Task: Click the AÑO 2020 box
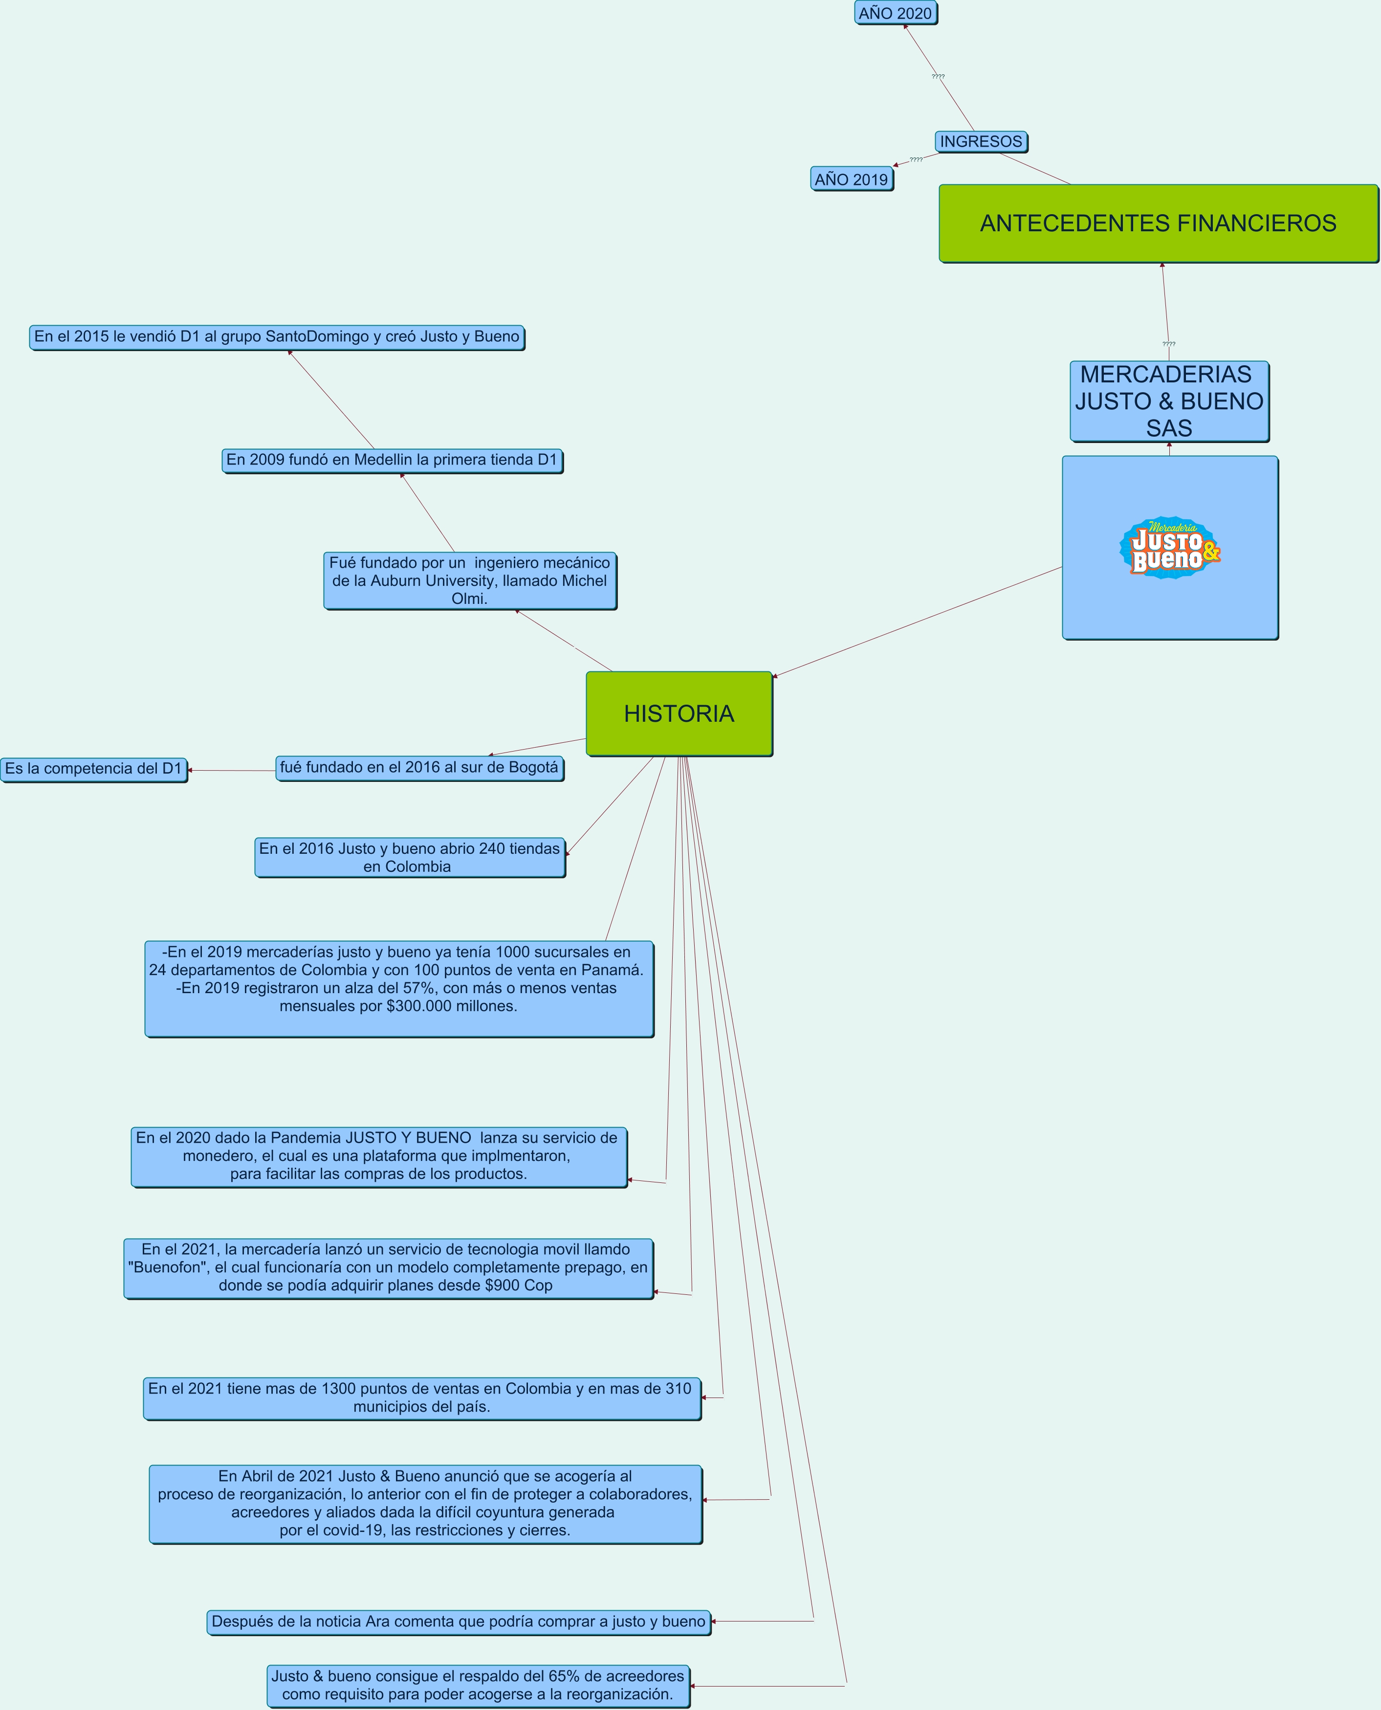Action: [896, 13]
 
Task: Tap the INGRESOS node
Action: [981, 142]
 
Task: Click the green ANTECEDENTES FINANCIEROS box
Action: [1158, 223]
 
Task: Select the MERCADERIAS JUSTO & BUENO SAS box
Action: [1169, 401]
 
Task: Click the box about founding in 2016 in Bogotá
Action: [419, 768]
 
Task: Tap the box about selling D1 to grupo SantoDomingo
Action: [277, 336]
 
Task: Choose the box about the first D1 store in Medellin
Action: [392, 460]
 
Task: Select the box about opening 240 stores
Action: [410, 858]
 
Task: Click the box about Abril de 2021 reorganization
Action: [426, 1504]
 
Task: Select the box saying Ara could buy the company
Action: [459, 1621]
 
